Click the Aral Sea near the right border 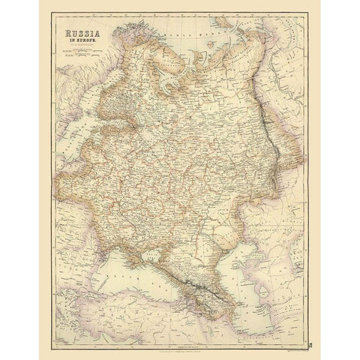click(300, 240)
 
